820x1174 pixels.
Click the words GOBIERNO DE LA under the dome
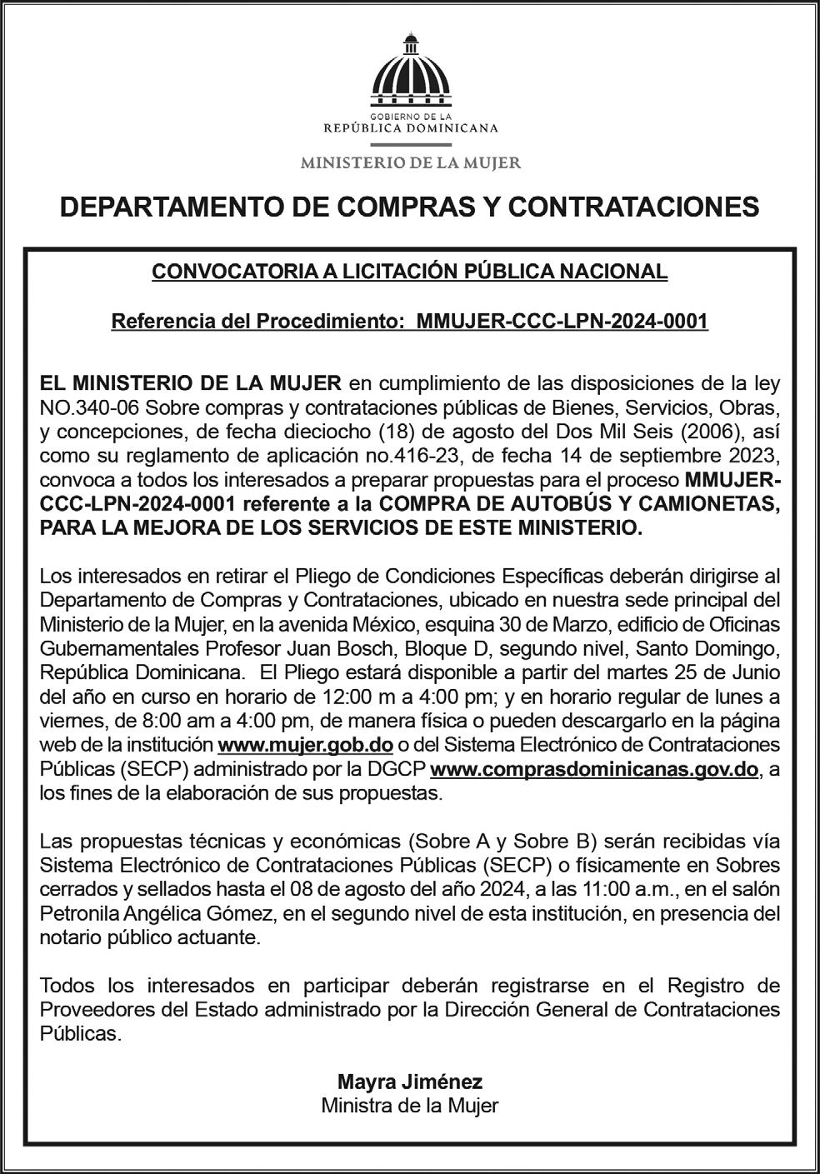coord(410,117)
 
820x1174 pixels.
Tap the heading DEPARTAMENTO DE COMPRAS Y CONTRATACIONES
coord(410,207)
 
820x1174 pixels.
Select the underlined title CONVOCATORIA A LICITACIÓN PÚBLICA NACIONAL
coord(409,272)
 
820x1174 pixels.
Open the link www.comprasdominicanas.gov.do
coord(594,768)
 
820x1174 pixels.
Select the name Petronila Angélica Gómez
coord(157,913)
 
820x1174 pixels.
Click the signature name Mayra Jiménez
coord(410,1082)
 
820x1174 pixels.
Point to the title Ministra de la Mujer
coord(410,1106)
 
